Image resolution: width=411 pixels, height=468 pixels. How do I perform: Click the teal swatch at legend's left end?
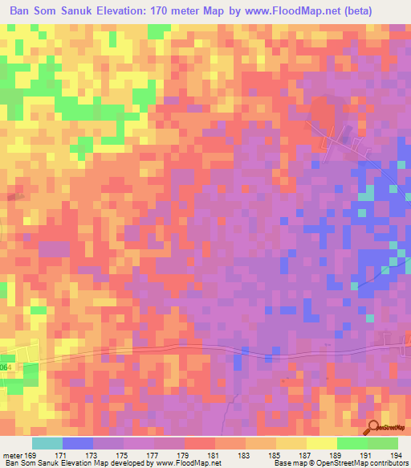click(x=47, y=443)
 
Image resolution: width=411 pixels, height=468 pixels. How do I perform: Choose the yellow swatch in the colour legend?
click(x=322, y=443)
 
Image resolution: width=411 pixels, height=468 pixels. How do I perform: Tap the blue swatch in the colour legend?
click(x=78, y=443)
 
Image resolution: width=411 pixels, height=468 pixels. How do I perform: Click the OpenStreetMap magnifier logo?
click(x=373, y=428)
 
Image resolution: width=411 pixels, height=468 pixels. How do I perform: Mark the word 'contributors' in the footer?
click(x=388, y=464)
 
